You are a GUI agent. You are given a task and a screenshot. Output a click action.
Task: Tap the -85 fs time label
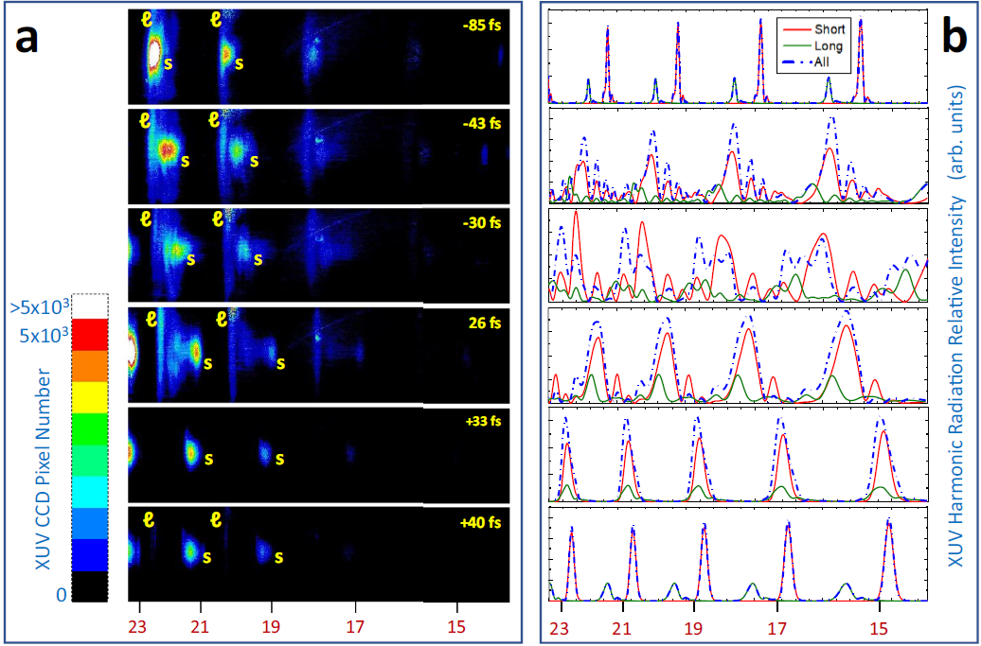[x=481, y=25]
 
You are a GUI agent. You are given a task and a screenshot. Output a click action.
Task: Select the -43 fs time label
[x=481, y=124]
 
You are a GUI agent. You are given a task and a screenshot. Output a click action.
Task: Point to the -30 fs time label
[x=481, y=222]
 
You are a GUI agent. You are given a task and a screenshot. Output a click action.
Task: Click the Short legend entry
[x=829, y=28]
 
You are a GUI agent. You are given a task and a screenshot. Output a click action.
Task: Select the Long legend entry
[x=829, y=44]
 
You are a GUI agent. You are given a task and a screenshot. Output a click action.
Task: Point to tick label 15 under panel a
[x=458, y=625]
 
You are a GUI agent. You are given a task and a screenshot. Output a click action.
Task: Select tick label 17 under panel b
[x=777, y=628]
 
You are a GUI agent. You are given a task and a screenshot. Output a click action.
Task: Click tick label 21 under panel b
[x=622, y=628]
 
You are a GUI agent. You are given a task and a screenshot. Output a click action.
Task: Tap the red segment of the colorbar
[x=91, y=334]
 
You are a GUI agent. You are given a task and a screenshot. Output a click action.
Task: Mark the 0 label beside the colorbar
[x=61, y=594]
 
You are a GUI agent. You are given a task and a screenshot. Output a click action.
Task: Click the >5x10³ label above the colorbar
[x=40, y=306]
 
